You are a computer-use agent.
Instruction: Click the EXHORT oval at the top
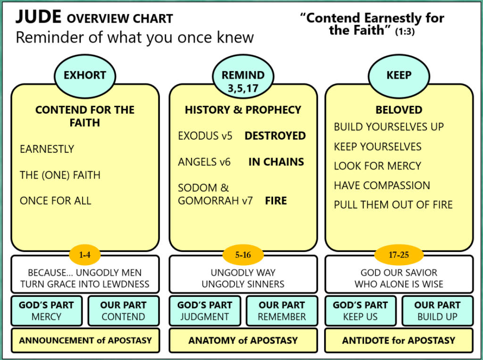tap(85, 75)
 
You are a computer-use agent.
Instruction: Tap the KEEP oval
tap(399, 75)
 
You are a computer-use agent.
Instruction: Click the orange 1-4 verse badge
tap(85, 255)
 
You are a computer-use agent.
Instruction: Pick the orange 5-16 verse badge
tap(243, 255)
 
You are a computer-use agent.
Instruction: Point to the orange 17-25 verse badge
tap(399, 255)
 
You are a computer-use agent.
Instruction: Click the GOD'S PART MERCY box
tap(46, 311)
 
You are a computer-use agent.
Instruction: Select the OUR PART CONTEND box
tap(124, 311)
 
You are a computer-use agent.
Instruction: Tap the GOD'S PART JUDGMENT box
tap(205, 311)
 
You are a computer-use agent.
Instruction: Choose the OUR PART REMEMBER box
tap(282, 311)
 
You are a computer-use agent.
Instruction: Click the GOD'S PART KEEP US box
tap(360, 311)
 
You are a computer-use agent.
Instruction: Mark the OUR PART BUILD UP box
tap(437, 311)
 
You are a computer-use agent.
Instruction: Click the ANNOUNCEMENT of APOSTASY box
tap(85, 340)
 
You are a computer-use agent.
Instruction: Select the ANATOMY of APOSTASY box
tap(243, 340)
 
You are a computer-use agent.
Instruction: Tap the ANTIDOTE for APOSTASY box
tap(399, 340)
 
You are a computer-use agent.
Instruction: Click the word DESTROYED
tap(275, 136)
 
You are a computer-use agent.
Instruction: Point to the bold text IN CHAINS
tap(276, 162)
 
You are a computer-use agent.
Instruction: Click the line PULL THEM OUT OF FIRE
tap(393, 205)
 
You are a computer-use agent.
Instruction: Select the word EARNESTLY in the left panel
tap(47, 149)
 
